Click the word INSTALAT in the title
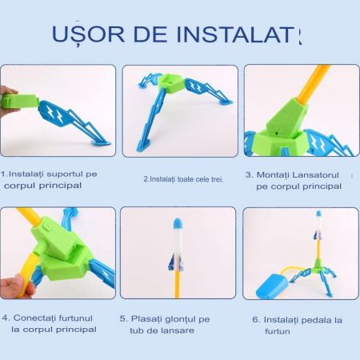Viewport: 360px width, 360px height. point(241,34)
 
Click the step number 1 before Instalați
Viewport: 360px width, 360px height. point(4,173)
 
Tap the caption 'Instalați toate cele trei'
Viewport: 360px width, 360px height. point(183,179)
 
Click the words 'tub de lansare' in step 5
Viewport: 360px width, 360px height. point(164,330)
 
